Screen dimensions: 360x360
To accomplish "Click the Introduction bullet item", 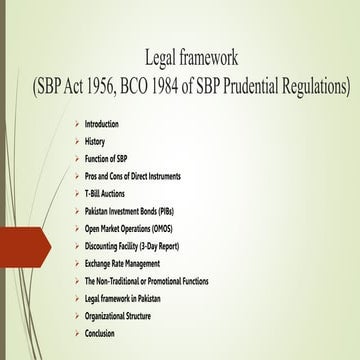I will tap(102, 124).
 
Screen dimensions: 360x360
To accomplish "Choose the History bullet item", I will tap(94, 142).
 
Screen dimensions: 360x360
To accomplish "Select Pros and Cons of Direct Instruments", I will tap(132, 176).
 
